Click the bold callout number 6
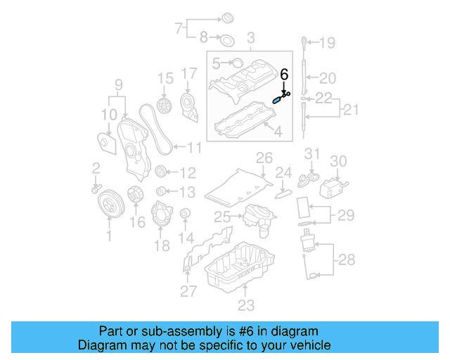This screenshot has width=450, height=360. pos(285,74)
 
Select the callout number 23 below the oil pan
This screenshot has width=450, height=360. pos(245,305)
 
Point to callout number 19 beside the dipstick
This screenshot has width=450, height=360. pos(328,43)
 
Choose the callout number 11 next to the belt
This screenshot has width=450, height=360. pos(194,148)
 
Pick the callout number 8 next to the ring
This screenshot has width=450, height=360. pos(204,37)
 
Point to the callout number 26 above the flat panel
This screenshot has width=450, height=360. pos(264,157)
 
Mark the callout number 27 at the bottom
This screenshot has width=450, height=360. pos(186,292)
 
